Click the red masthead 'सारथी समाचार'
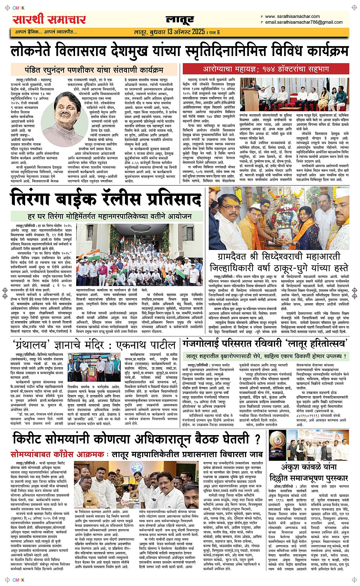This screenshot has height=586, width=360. pos(49,19)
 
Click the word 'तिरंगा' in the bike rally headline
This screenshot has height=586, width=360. pos(42,200)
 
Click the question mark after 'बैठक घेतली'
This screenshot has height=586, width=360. pos(257,439)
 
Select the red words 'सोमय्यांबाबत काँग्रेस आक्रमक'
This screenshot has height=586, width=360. pos(58,454)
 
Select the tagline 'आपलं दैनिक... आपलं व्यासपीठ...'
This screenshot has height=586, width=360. pos(46,32)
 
